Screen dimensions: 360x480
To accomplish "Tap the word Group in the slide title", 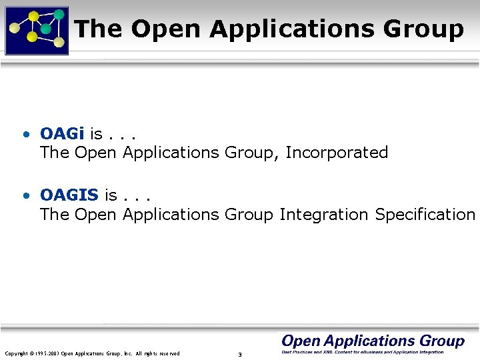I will click(423, 29).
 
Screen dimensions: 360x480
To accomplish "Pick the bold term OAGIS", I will click(69, 195).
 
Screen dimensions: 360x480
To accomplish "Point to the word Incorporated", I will click(337, 153).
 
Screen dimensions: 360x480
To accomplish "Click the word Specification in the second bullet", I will click(425, 214).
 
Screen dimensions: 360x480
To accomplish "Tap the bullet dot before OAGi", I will click(25, 135).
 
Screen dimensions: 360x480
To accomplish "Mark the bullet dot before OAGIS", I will click(25, 196).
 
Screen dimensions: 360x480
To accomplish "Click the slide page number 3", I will click(239, 354).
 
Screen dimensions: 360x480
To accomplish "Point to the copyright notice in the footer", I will click(92, 353).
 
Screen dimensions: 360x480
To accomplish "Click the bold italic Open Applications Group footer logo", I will click(373, 341).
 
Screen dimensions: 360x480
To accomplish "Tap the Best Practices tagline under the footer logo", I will click(362, 351).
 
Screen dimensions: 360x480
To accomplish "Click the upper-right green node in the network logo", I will click(59, 13).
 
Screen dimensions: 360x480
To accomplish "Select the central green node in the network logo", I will click(45, 29).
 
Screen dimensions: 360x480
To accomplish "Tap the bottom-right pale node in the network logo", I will click(59, 43).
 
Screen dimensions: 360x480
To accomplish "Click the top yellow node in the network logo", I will click(33, 15).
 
